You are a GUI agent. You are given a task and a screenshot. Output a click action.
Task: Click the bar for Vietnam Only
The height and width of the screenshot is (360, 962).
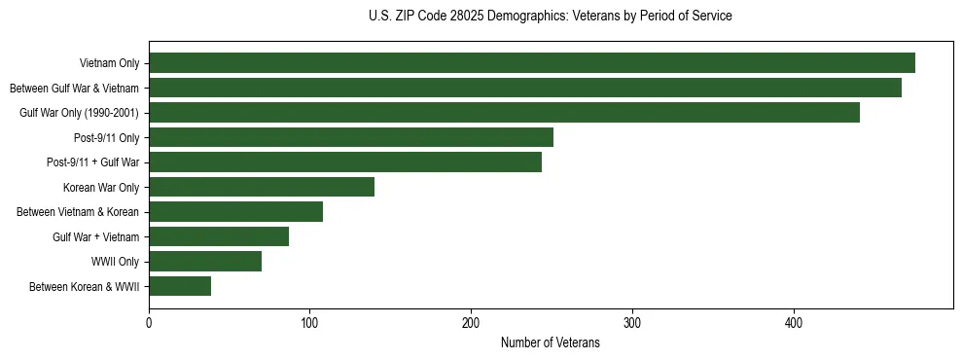[x=532, y=63]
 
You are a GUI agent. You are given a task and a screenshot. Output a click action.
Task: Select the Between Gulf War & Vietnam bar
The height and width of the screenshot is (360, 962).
[x=525, y=88]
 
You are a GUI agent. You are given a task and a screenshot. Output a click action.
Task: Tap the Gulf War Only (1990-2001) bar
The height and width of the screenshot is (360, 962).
[x=504, y=113]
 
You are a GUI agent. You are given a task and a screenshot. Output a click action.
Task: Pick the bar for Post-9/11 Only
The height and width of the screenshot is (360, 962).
[x=351, y=137]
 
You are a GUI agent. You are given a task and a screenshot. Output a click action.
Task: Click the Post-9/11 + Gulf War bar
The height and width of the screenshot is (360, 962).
[x=345, y=162]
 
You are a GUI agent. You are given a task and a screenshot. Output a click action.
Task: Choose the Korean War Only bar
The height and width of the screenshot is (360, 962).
[x=262, y=187]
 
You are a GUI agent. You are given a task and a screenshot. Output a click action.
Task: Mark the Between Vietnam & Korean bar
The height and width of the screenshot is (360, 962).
[x=235, y=212]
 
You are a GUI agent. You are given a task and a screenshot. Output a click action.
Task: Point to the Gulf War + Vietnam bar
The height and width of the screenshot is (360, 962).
[x=219, y=236]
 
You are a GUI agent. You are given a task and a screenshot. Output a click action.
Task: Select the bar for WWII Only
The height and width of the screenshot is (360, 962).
[x=205, y=262]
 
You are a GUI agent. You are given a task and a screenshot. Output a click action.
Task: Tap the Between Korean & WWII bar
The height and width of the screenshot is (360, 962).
[x=180, y=286]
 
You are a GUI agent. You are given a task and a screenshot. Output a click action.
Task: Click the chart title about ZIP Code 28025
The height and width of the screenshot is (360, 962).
[x=551, y=17]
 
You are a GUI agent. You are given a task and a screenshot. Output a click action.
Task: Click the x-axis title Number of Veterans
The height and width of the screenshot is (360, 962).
[x=551, y=343]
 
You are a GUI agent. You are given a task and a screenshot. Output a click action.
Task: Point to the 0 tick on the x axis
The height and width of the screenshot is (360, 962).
[x=149, y=323]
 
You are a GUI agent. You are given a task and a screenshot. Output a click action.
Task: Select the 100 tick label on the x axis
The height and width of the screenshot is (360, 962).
[x=309, y=323]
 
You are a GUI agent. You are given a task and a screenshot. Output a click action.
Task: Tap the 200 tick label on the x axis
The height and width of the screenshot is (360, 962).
[x=471, y=323]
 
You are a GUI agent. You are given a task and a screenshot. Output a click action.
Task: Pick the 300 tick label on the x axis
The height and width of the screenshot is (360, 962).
[x=632, y=323]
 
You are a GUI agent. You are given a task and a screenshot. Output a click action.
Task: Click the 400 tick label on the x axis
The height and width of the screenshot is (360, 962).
[x=794, y=323]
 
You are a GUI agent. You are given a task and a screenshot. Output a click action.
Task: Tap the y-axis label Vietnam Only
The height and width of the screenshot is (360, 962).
[x=109, y=63]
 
